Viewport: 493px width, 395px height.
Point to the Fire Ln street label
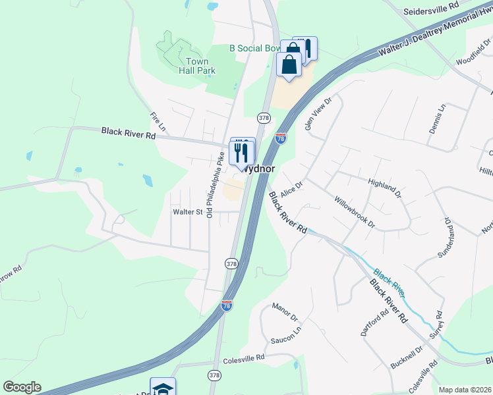coord(156,120)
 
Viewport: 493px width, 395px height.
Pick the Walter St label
coord(187,212)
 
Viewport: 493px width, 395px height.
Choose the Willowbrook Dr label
coord(354,212)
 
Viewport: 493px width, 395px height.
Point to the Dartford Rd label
coord(372,322)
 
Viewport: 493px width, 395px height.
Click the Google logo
coord(22,387)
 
